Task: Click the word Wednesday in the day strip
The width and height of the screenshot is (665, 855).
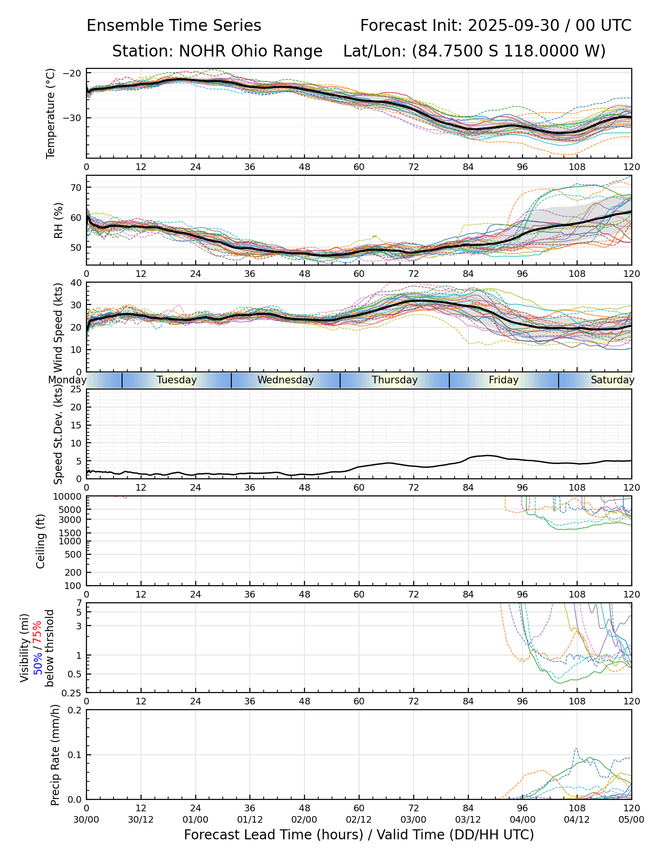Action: pos(285,380)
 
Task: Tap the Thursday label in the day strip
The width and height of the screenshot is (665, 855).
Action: pos(395,380)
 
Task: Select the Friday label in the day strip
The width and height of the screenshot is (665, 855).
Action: pos(503,380)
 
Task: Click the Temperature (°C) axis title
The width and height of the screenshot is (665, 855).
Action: pos(51,113)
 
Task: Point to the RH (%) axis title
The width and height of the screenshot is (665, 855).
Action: pos(58,220)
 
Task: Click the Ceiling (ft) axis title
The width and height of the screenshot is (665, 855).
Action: pos(41,541)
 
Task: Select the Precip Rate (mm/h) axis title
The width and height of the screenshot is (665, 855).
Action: pos(55,755)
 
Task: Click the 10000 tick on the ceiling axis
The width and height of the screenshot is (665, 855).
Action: pos(69,497)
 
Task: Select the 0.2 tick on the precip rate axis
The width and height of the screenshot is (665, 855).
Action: pos(75,711)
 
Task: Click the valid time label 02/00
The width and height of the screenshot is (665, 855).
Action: pos(304,819)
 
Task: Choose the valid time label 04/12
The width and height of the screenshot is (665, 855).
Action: pos(577,819)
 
